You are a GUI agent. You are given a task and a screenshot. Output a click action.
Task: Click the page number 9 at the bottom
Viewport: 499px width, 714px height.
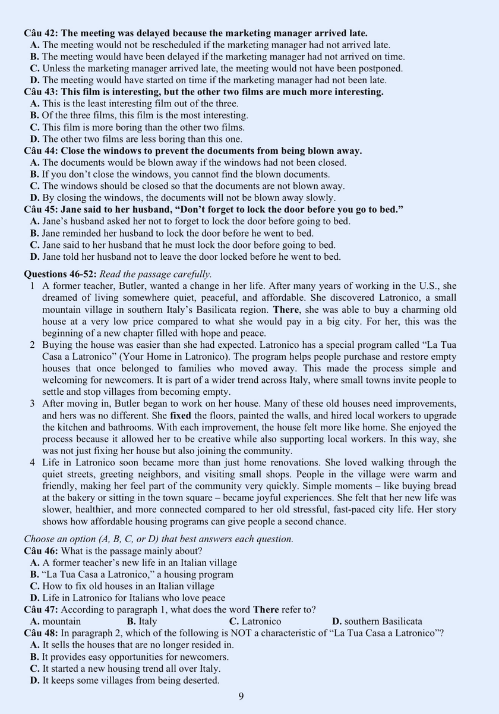pyautogui.click(x=241, y=697)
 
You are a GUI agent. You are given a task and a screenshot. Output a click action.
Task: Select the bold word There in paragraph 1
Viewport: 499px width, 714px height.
pyautogui.click(x=286, y=310)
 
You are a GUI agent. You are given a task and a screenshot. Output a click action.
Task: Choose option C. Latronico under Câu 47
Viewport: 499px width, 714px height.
pyautogui.click(x=255, y=622)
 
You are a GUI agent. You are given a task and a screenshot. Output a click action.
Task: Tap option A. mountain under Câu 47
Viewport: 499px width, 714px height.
pyautogui.click(x=55, y=622)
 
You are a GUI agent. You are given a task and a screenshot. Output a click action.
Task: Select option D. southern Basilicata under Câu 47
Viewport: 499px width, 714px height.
pyautogui.click(x=377, y=622)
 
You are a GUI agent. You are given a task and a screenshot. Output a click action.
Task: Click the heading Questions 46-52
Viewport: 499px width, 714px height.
pyautogui.click(x=60, y=274)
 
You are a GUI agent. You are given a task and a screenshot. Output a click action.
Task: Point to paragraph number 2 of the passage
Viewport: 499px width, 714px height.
pyautogui.click(x=33, y=345)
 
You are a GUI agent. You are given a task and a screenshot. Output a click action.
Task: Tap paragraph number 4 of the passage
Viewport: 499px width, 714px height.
pyautogui.click(x=33, y=463)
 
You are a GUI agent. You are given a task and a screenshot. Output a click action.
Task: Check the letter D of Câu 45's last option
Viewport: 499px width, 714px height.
pyautogui.click(x=34, y=257)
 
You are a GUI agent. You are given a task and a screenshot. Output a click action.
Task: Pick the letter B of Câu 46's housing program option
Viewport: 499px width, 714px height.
pyautogui.click(x=34, y=575)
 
